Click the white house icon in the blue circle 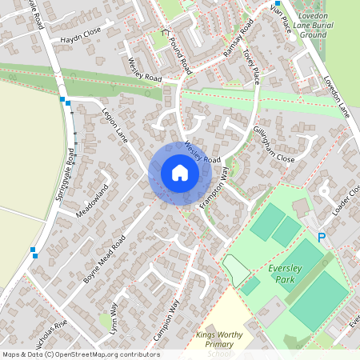point(179,173)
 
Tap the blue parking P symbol point(322,237)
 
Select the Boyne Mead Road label point(105,258)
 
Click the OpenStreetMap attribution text point(81,354)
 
